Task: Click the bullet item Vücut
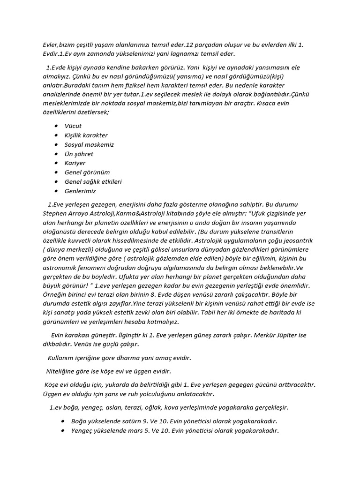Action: point(73,126)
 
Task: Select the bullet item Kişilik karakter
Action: point(86,135)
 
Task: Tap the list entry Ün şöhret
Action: point(79,154)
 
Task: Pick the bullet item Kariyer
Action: point(75,163)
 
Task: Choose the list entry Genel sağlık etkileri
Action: point(93,181)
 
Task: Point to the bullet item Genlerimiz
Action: point(80,191)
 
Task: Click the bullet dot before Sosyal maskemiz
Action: point(56,145)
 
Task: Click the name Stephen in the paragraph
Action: point(55,214)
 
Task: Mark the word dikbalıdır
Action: point(58,345)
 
